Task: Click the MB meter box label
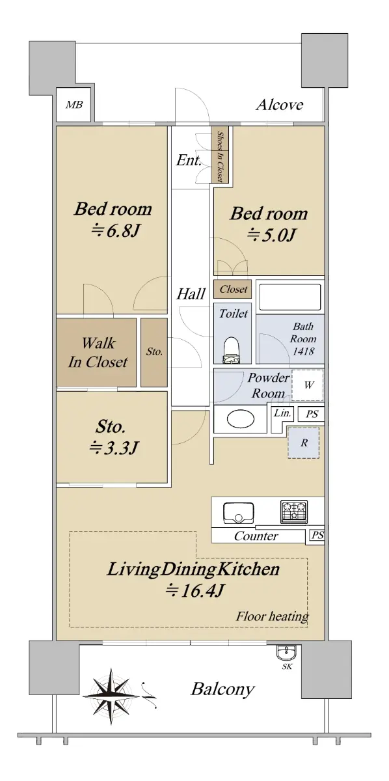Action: (x=74, y=105)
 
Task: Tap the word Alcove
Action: (x=280, y=105)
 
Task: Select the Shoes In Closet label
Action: (x=221, y=157)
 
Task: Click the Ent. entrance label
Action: (x=189, y=160)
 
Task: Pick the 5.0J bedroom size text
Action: (x=271, y=236)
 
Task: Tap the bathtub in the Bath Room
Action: (x=289, y=296)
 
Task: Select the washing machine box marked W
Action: (x=308, y=385)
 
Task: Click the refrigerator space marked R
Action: (x=304, y=443)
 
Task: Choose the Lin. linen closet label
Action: (x=282, y=413)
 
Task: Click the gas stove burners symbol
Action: (x=294, y=511)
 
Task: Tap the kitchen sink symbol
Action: (x=239, y=513)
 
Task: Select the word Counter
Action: (x=256, y=536)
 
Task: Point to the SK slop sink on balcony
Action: (x=287, y=652)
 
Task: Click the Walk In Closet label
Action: (x=98, y=352)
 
